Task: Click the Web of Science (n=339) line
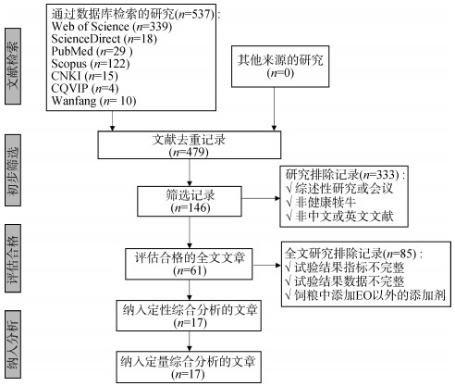(112, 27)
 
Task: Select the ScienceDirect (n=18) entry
(105, 39)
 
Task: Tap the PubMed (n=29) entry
(92, 51)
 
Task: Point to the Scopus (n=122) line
(91, 64)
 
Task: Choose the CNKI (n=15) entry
(84, 76)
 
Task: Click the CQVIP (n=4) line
(85, 89)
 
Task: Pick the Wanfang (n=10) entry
(93, 101)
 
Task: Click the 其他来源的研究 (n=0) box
(280, 67)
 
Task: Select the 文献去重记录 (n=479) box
(190, 145)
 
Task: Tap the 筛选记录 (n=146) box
(190, 201)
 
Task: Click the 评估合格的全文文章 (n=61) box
(189, 264)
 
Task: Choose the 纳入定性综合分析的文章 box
(189, 316)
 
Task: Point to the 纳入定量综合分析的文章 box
(189, 367)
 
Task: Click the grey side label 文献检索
(13, 66)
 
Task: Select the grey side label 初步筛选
(13, 170)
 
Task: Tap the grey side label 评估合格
(13, 258)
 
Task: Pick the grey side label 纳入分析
(13, 344)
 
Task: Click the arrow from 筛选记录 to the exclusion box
(261, 198)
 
